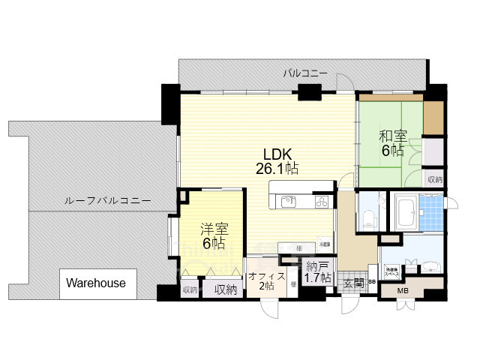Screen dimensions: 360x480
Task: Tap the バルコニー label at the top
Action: click(305, 73)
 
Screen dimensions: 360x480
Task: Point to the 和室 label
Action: click(391, 143)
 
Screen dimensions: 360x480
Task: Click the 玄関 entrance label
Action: click(353, 283)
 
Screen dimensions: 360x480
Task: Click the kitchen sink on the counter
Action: click(288, 201)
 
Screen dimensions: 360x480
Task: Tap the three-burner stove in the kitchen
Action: click(322, 201)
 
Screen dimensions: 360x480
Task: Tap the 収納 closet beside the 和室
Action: click(434, 179)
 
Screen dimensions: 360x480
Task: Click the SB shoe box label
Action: click(371, 282)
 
